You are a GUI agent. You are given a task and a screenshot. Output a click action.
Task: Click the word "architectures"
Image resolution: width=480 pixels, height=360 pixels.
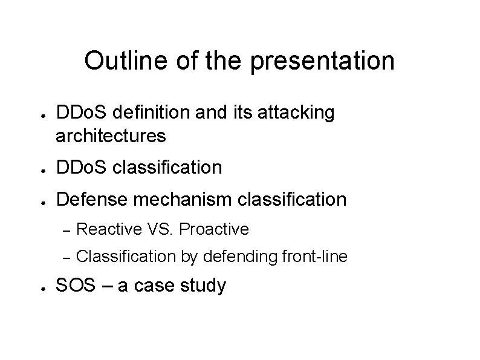pos(111,136)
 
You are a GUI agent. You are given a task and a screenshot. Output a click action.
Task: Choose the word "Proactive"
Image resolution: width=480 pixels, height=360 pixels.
pos(214,229)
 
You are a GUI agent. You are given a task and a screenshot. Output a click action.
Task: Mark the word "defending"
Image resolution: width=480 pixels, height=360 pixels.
pos(241,257)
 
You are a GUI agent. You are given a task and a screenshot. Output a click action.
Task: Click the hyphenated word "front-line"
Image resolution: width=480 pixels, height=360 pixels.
pos(314,257)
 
